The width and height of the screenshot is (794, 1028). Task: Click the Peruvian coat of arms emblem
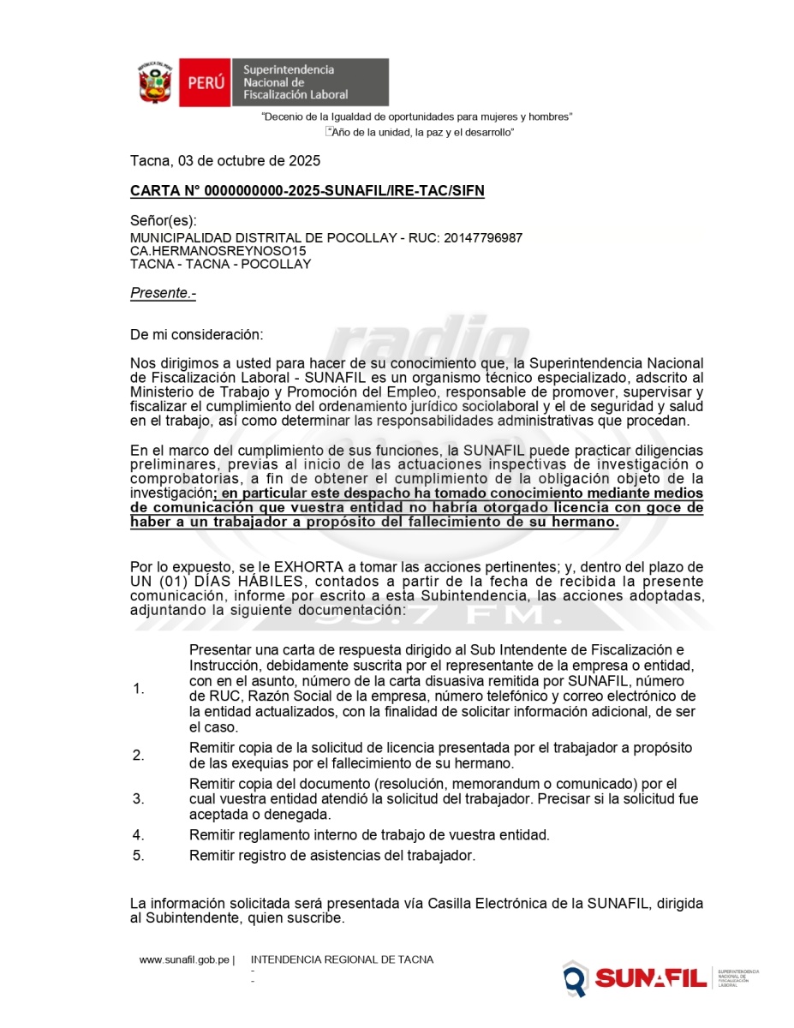pos(155,82)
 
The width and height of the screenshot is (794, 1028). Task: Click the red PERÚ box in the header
pos(206,83)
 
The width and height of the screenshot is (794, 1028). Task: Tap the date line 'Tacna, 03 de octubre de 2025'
pos(225,160)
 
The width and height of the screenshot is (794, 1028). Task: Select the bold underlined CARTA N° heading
pos(307,191)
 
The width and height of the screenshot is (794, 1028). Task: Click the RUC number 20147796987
pos(483,237)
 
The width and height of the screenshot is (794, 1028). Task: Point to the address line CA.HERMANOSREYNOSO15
pos(218,251)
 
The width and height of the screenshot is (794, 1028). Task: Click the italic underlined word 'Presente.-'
pos(163,293)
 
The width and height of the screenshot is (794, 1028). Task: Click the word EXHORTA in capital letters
pos(300,567)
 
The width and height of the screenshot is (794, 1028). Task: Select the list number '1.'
pos(139,690)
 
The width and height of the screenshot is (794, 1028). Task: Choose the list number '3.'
pos(139,799)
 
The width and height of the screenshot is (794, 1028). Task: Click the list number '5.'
pos(139,855)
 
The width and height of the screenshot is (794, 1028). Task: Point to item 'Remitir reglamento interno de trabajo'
pos(369,834)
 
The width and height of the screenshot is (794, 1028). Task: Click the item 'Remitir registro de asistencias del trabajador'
pos(331,855)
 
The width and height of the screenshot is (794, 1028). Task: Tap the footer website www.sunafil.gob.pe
pos(184,960)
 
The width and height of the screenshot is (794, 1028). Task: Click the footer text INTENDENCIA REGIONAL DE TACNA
pos(342,960)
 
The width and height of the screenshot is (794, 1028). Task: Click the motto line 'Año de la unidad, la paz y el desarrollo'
pos(421,133)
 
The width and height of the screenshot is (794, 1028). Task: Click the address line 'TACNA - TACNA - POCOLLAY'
pos(220,264)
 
